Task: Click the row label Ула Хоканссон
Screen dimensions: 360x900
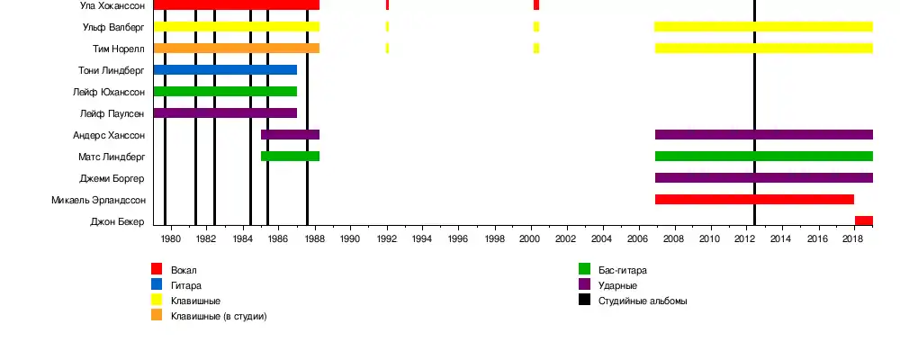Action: pos(112,5)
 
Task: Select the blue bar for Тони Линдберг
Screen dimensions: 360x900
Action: pos(225,70)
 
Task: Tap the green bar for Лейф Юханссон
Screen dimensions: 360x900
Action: pos(225,92)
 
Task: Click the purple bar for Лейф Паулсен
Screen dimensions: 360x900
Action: pos(225,113)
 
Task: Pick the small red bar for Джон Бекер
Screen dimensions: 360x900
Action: pos(863,221)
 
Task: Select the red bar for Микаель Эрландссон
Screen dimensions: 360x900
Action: pos(754,200)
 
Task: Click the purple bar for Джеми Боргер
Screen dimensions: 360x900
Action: pos(763,178)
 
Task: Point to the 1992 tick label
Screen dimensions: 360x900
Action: pos(386,239)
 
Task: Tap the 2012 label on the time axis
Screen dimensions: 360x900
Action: pos(745,239)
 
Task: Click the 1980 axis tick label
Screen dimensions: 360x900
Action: pos(170,239)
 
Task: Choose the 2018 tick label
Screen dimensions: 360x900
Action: pos(853,239)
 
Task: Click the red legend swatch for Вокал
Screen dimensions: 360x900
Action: pos(157,269)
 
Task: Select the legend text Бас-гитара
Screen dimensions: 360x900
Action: pos(623,270)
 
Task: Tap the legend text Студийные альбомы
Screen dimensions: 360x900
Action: pos(643,301)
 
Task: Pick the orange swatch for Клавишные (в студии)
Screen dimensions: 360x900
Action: pos(157,316)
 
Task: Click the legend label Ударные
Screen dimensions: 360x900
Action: pos(618,285)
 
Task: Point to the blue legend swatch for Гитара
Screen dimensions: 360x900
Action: pos(157,284)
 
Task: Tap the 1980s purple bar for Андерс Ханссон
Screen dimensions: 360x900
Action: pos(290,135)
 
